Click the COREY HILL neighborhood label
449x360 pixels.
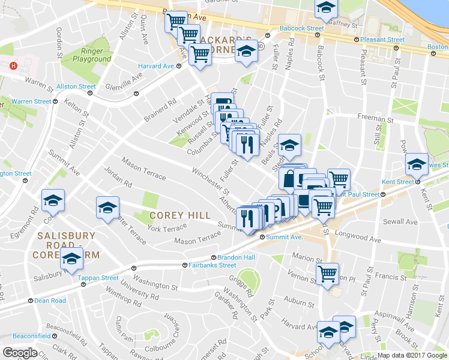click(x=180, y=215)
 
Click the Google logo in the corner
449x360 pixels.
click(x=20, y=353)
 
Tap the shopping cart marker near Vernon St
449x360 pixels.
click(x=327, y=274)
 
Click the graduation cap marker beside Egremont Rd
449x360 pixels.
click(x=53, y=200)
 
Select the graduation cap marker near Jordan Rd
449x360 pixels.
click(x=108, y=208)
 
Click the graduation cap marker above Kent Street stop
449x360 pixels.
click(x=417, y=163)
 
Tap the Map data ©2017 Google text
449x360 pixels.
click(x=411, y=355)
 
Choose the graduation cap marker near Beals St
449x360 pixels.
click(x=289, y=144)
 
